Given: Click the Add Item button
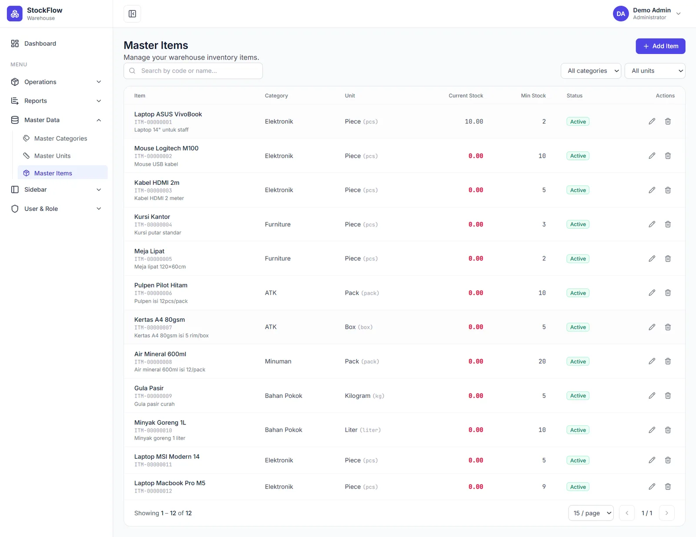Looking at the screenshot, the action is point(660,46).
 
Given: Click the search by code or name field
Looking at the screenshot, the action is point(193,71).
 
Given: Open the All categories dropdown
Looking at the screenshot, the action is point(591,71).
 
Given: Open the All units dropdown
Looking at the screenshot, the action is point(655,71).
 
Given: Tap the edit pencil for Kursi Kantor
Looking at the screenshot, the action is point(652,224).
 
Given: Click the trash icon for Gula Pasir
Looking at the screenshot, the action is point(668,396).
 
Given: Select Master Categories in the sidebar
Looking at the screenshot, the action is point(60,138).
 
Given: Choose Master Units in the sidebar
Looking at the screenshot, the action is point(52,156).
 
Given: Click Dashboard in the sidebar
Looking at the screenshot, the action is point(40,43).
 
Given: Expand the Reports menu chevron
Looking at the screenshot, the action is point(99,101).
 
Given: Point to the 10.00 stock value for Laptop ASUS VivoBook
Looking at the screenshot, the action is point(474,122).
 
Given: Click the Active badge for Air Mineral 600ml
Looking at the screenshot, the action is point(578,361).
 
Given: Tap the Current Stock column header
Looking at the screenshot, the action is point(466,96).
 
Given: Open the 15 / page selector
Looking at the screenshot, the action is point(591,513).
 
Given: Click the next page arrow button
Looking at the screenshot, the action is point(666,513).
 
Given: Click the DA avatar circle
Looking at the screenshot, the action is point(621,14).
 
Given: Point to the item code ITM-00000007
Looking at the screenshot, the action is point(153,327).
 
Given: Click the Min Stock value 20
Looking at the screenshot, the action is point(542,361).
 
